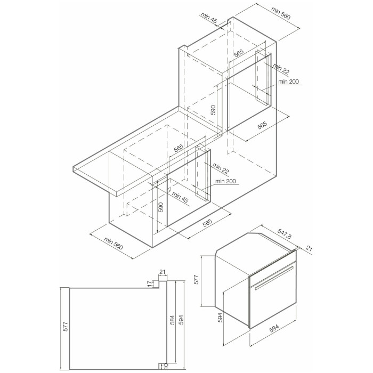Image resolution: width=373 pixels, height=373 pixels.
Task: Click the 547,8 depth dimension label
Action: pyautogui.click(x=286, y=234)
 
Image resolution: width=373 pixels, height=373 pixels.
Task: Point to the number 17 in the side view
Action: pyautogui.click(x=150, y=283)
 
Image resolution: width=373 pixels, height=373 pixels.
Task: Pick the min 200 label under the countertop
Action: pyautogui.click(x=226, y=181)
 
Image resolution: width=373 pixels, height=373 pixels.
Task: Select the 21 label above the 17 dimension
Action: pyautogui.click(x=162, y=273)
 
